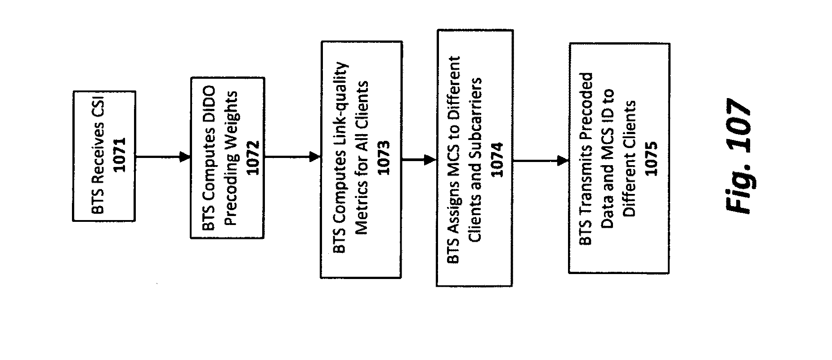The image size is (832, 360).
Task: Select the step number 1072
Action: click(x=253, y=158)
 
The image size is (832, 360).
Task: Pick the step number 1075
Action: click(x=651, y=159)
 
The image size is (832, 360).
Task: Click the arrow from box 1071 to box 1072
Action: click(x=163, y=157)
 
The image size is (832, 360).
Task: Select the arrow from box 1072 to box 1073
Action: click(x=292, y=157)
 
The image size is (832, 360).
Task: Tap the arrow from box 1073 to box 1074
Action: click(x=419, y=159)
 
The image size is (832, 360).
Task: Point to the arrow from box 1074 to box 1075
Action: click(x=541, y=160)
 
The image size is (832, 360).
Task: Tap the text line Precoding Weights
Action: click(x=231, y=158)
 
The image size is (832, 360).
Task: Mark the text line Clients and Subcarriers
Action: click(x=475, y=159)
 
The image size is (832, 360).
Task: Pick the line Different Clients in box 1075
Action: click(x=629, y=159)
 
